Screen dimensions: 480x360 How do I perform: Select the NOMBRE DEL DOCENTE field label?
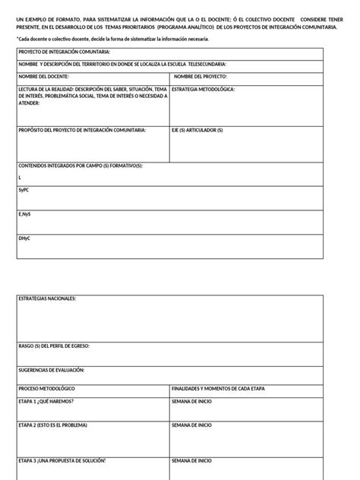pyautogui.click(x=43, y=77)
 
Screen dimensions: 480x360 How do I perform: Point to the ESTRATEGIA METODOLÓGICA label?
pyautogui.click(x=203, y=89)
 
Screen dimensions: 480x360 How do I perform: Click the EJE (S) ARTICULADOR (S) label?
pyautogui.click(x=197, y=130)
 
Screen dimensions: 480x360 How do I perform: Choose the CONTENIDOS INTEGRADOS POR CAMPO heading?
pyautogui.click(x=81, y=166)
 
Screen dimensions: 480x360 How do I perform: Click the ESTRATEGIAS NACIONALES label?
pyautogui.click(x=47, y=299)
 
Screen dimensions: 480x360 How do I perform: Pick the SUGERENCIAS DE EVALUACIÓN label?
pyautogui.click(x=51, y=370)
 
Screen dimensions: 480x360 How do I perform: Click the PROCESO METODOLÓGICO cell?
pyautogui.click(x=46, y=388)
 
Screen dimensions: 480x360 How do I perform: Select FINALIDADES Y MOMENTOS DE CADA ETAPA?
pyautogui.click(x=219, y=388)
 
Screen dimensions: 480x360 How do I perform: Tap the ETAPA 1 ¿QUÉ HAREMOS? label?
pyautogui.click(x=46, y=400)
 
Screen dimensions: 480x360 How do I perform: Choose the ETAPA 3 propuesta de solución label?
pyautogui.click(x=62, y=460)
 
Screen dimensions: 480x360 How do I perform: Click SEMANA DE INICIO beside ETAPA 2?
pyautogui.click(x=191, y=426)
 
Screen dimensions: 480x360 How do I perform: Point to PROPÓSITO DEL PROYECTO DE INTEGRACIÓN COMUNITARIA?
pyautogui.click(x=82, y=130)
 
